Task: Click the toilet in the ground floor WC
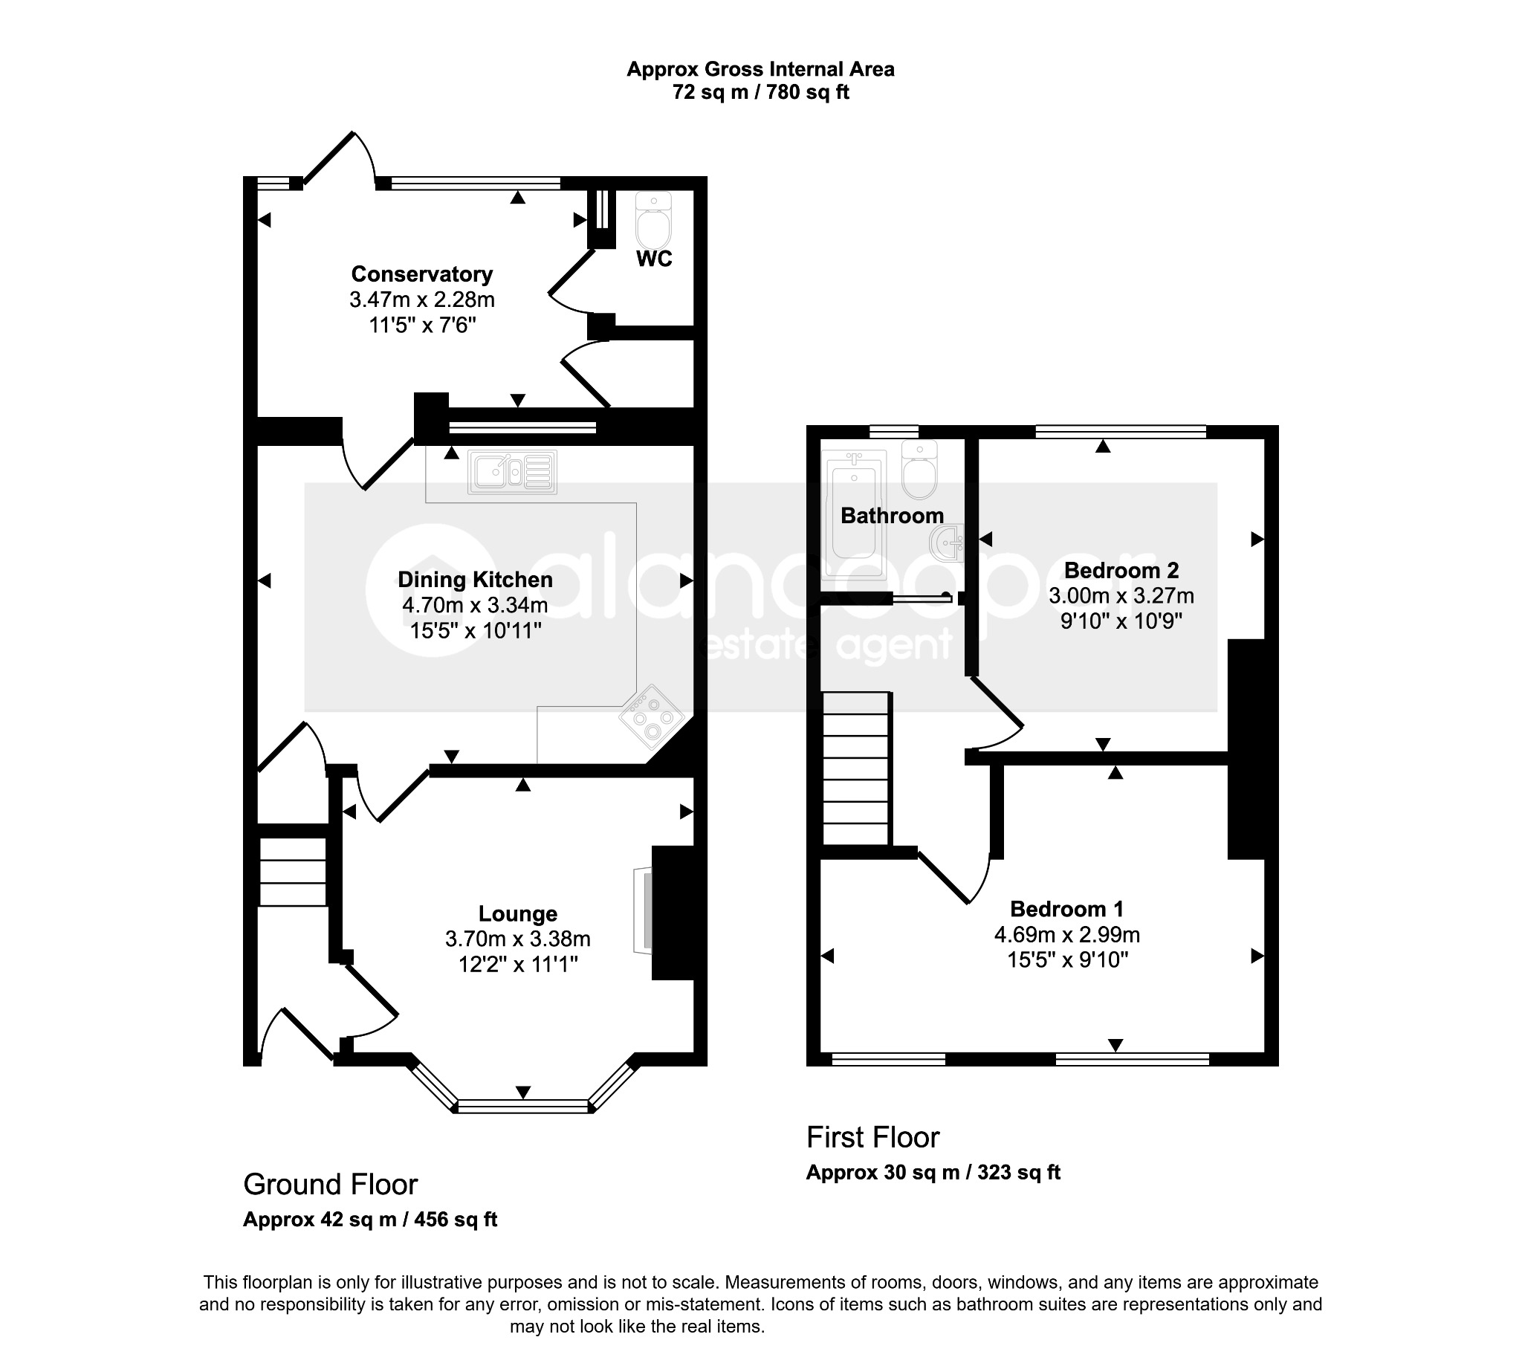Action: click(654, 220)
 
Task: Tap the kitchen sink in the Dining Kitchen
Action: click(513, 471)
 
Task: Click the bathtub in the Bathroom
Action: click(854, 514)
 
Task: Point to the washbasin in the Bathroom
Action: click(946, 542)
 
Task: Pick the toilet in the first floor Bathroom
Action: click(919, 470)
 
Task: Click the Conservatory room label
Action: click(422, 274)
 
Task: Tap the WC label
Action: click(655, 259)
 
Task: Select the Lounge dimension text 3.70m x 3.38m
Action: click(518, 939)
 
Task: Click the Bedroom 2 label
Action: click(1121, 571)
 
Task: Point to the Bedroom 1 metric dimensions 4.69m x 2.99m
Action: click(1067, 934)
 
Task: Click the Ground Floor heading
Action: click(330, 1185)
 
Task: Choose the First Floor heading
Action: click(872, 1138)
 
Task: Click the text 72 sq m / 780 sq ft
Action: click(761, 93)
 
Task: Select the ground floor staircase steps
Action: click(293, 871)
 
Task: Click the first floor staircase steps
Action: click(855, 768)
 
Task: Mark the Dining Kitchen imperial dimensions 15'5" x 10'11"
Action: click(476, 630)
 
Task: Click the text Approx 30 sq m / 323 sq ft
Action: click(933, 1172)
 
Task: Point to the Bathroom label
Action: click(893, 516)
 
